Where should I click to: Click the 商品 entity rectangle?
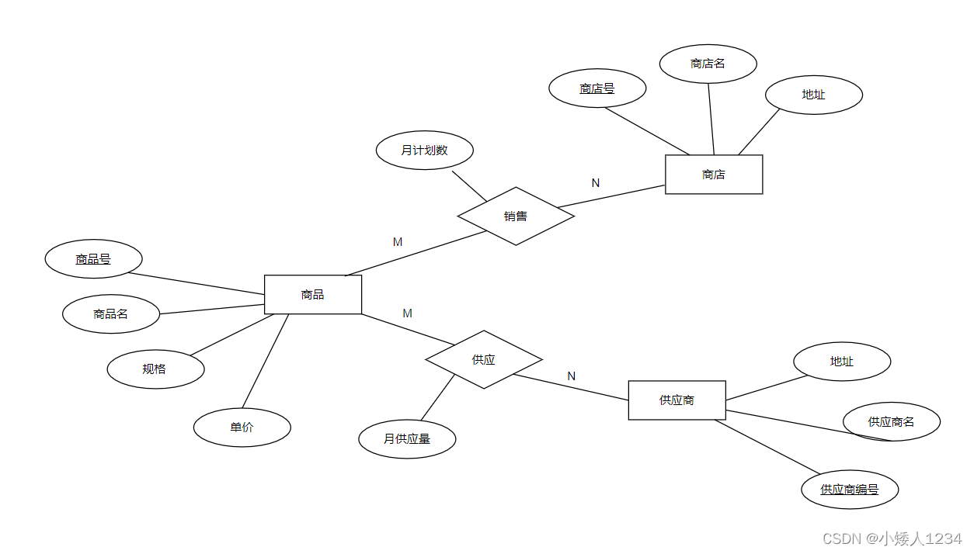(x=313, y=295)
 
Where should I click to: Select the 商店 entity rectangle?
(x=714, y=175)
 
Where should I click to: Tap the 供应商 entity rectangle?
(x=677, y=400)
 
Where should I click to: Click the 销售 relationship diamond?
(x=516, y=216)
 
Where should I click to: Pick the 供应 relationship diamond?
(x=483, y=360)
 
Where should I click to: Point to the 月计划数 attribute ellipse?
(x=424, y=151)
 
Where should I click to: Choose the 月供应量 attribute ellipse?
(x=407, y=439)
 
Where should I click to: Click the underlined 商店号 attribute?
(x=597, y=88)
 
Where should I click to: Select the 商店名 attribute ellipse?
(x=708, y=64)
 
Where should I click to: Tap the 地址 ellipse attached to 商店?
(x=813, y=95)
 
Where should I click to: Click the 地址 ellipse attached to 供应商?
(x=842, y=362)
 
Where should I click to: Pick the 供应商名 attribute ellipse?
(x=892, y=422)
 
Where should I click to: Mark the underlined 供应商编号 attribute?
(x=850, y=490)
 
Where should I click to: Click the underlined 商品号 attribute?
(x=93, y=259)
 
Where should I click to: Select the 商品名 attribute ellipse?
(x=111, y=314)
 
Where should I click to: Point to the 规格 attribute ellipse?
(x=155, y=369)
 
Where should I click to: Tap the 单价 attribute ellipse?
(x=242, y=428)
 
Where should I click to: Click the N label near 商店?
(x=596, y=183)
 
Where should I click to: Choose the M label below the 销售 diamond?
(x=398, y=242)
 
